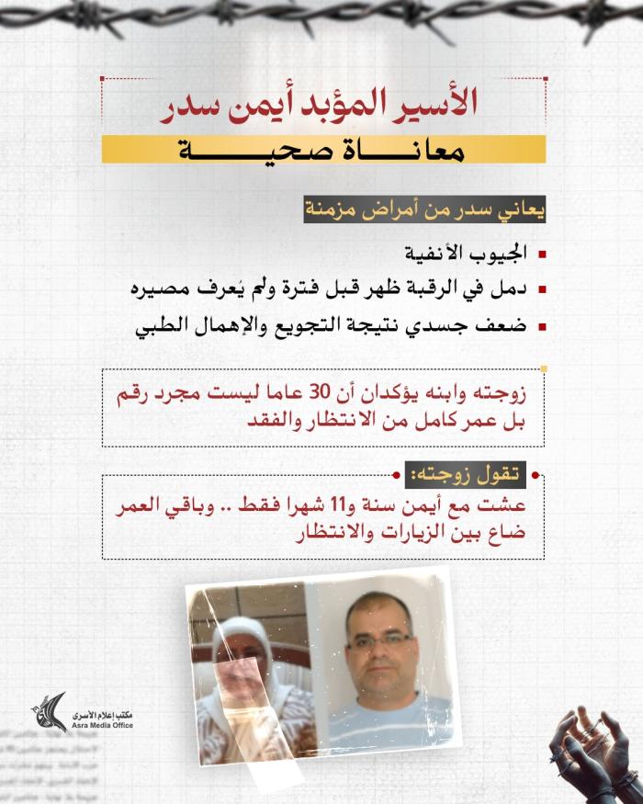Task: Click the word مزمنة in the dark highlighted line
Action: (336, 210)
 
